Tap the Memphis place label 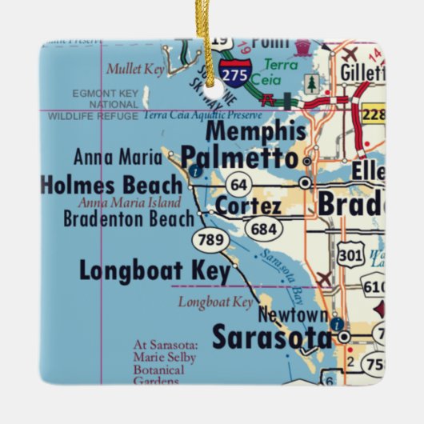click(255, 130)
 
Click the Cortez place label click(248, 207)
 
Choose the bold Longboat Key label click(154, 271)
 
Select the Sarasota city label click(271, 338)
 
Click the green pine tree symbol click(311, 83)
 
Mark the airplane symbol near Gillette click(349, 54)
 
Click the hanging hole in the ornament click(213, 82)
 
